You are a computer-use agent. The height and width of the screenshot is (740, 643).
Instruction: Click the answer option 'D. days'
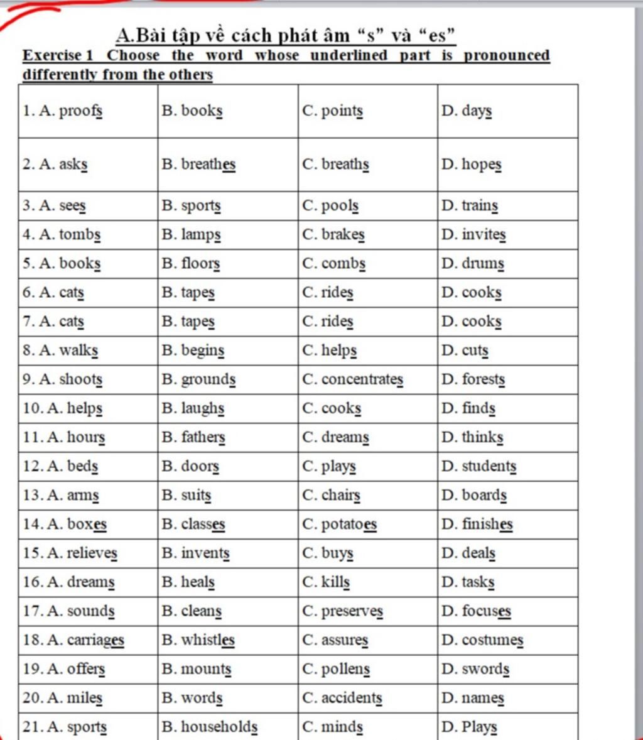467,111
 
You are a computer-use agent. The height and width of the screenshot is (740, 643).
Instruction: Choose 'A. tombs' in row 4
70,235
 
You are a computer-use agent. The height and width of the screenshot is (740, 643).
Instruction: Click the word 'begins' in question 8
202,351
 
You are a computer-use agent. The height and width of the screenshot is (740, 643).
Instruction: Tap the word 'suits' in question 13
196,495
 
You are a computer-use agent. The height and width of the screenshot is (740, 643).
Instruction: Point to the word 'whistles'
208,640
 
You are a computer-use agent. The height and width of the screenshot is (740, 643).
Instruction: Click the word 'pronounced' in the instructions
507,55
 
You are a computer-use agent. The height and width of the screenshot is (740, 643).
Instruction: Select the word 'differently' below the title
60,75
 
